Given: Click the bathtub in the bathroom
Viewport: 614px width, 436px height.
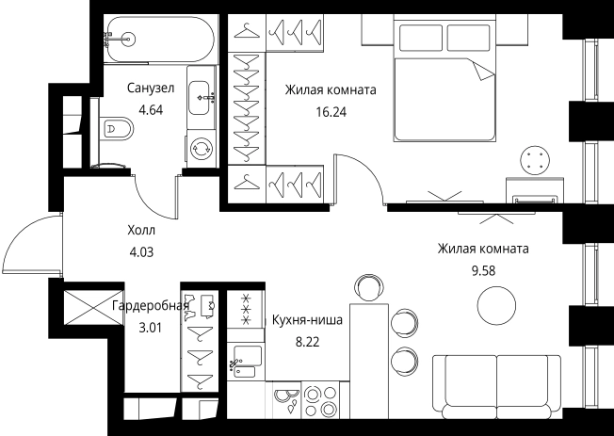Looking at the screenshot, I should click(156, 40).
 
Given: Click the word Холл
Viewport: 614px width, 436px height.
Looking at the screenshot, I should click(141, 230).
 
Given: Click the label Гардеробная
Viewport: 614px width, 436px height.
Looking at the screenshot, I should click(151, 307).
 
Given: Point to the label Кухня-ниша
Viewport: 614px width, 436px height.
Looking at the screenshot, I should click(306, 320).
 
